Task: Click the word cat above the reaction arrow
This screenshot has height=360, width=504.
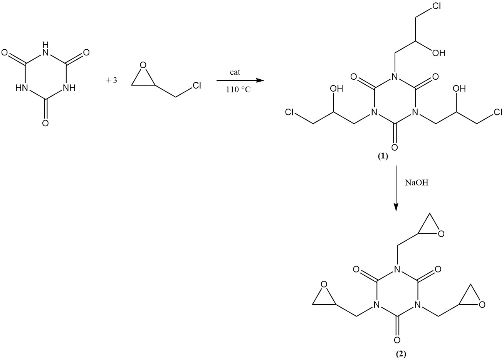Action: click(x=235, y=72)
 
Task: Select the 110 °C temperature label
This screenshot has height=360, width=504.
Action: click(x=238, y=90)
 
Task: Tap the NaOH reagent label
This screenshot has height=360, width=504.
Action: click(x=417, y=183)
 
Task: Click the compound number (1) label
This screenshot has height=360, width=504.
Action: click(x=383, y=156)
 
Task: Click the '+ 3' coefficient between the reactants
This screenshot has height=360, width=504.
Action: click(x=112, y=80)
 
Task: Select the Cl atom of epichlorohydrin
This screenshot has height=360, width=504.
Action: click(x=197, y=85)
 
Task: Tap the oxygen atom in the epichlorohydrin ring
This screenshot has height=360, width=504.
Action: click(x=143, y=65)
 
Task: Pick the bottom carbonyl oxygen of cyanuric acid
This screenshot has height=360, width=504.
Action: click(x=45, y=123)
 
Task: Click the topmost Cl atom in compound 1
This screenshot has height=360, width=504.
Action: click(x=437, y=6)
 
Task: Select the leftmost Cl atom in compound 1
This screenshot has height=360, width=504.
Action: click(x=289, y=112)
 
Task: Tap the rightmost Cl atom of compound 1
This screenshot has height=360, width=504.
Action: click(x=498, y=112)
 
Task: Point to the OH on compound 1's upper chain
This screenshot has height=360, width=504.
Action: click(x=438, y=53)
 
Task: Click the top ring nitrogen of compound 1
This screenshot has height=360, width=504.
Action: click(x=395, y=77)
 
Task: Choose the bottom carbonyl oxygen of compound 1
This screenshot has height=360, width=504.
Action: click(x=395, y=147)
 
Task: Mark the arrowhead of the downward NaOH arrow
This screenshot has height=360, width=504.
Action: click(x=396, y=207)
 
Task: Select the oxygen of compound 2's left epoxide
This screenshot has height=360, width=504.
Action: click(x=324, y=285)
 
